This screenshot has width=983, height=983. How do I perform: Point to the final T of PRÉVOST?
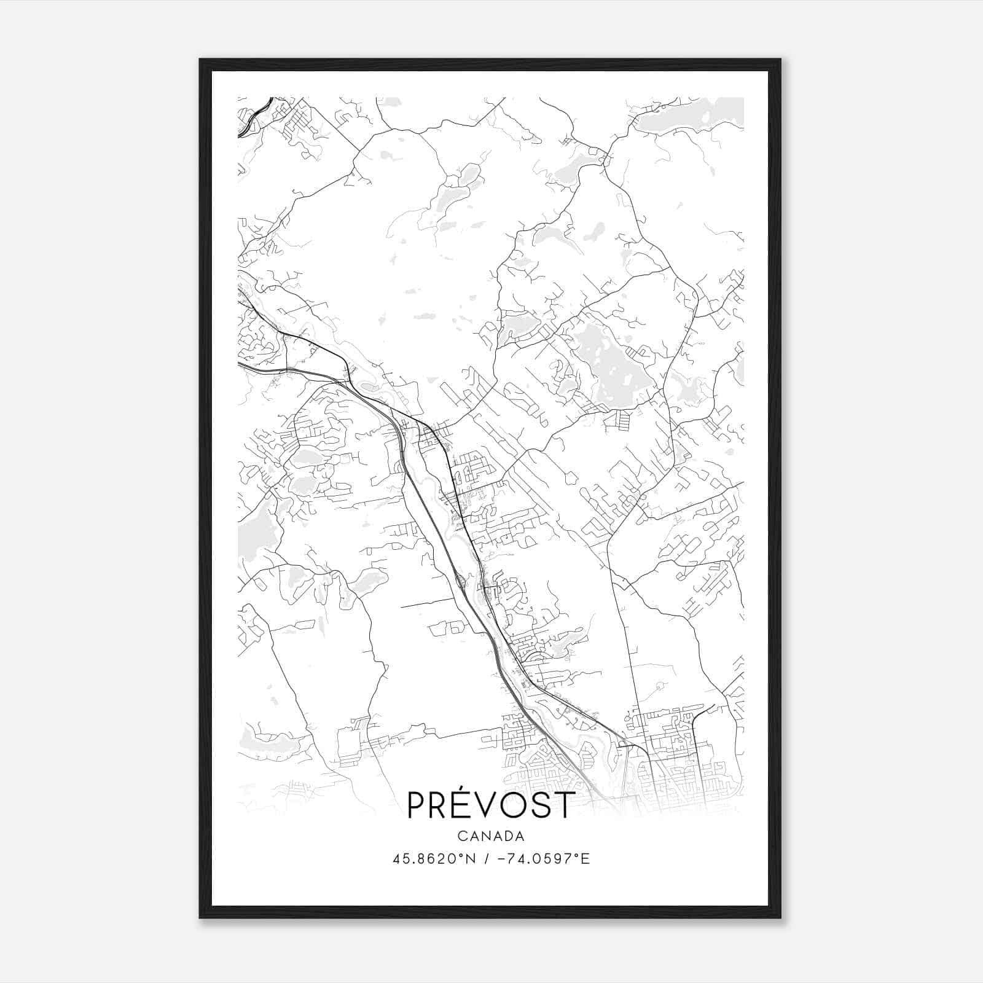[564, 805]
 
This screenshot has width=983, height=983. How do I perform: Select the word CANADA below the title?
[490, 836]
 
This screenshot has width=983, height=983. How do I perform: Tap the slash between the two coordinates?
[487, 859]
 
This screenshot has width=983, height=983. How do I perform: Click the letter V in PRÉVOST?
[492, 805]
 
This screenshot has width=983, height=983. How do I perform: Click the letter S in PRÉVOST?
[542, 805]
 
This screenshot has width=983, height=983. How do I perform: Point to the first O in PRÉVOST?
[517, 805]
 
